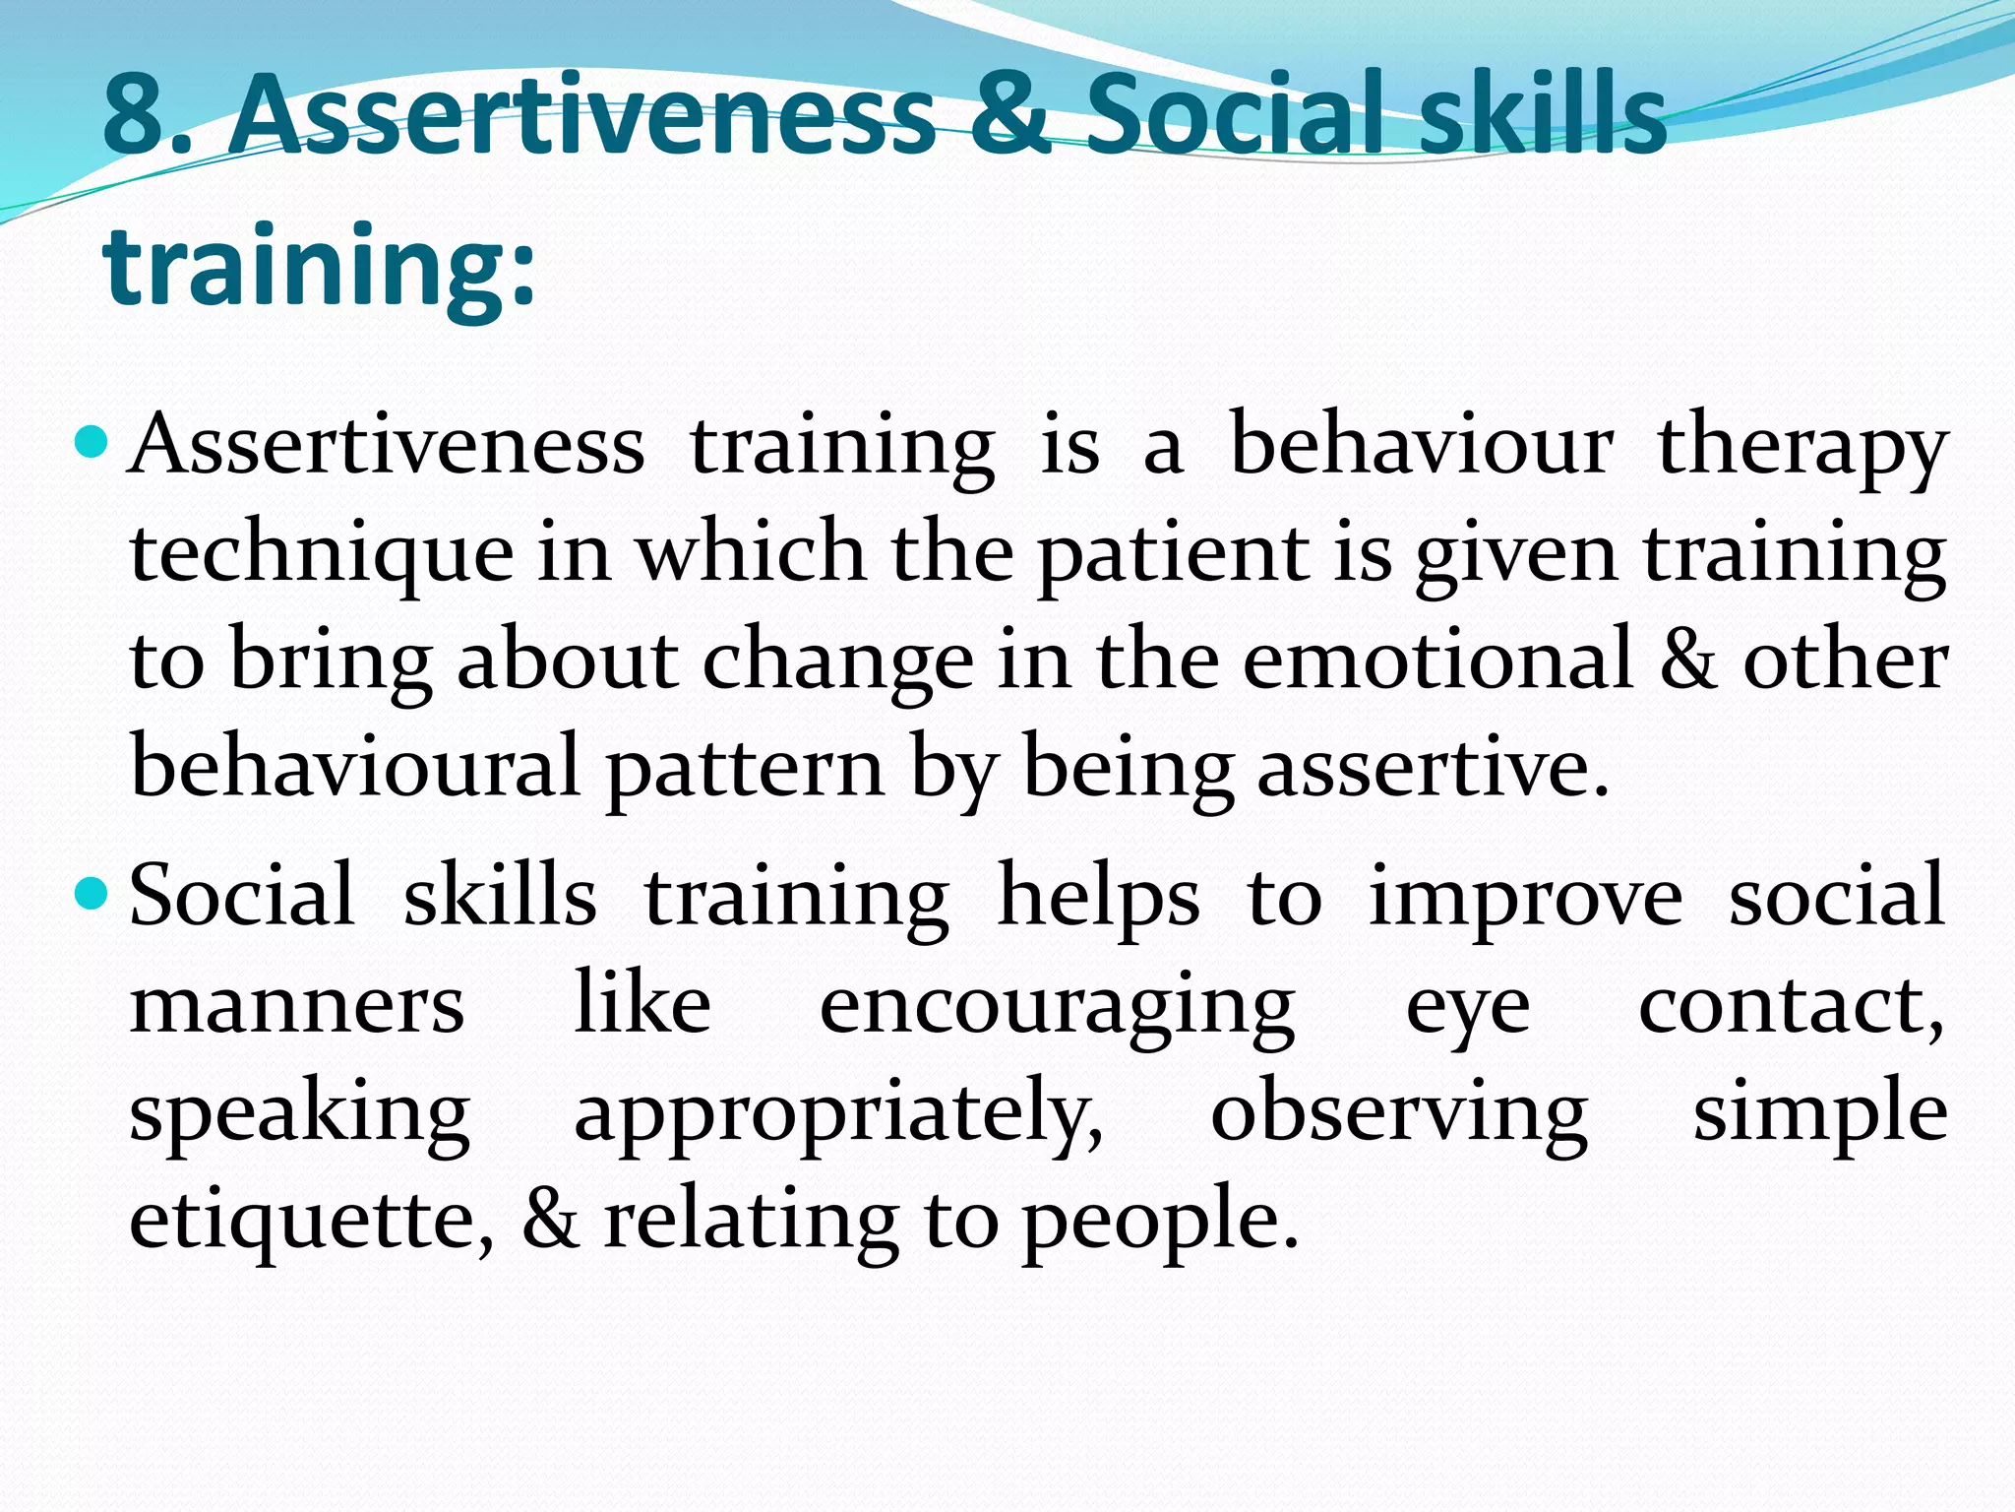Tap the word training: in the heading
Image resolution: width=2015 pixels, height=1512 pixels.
point(320,266)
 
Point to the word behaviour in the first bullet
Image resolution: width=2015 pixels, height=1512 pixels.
point(1422,445)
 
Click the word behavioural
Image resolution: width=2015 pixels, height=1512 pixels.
point(354,767)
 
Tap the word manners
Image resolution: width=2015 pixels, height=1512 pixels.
point(296,1006)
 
